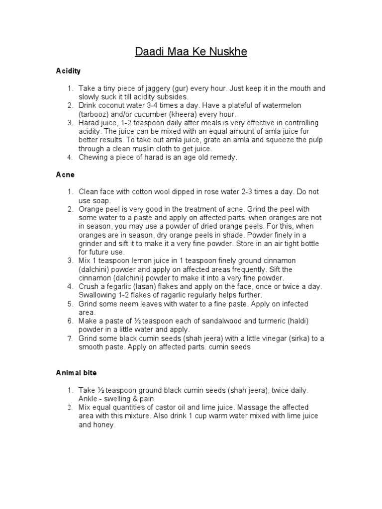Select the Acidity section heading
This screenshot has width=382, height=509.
(x=68, y=71)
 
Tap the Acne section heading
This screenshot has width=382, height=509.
(x=65, y=175)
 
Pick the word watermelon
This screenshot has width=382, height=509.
(x=279, y=105)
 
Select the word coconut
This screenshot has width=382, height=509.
(x=113, y=105)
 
